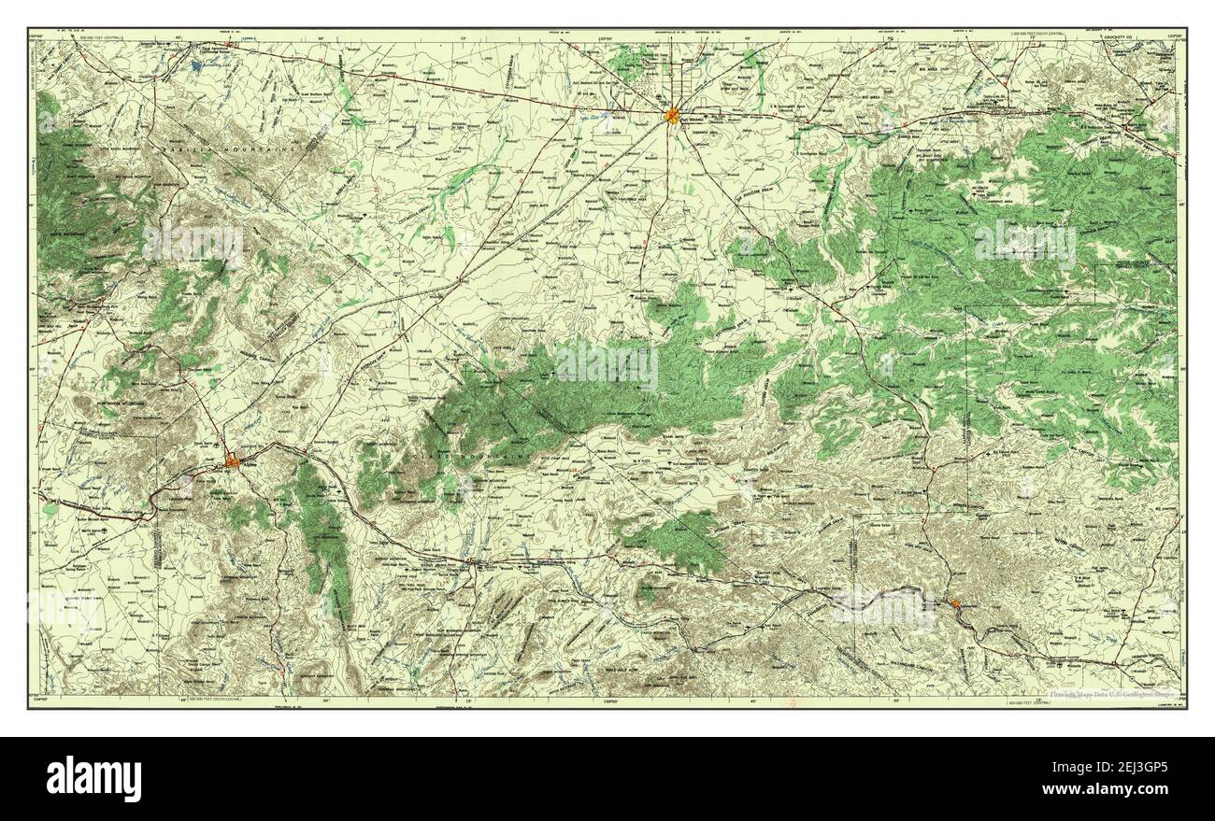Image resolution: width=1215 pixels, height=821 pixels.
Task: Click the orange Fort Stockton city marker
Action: [672, 116]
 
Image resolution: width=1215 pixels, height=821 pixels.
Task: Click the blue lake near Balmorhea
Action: [197, 67]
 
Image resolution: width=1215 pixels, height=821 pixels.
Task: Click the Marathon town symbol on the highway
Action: [474, 562]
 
